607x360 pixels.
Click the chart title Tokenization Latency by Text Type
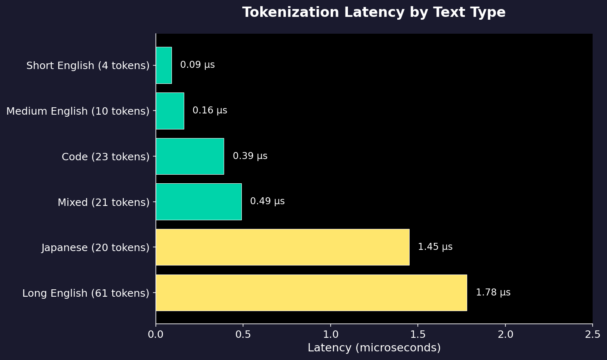point(373,13)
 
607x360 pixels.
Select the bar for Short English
point(164,65)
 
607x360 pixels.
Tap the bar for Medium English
point(170,111)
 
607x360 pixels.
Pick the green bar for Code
point(190,157)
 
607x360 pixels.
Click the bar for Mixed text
point(199,202)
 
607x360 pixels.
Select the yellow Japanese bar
point(283,247)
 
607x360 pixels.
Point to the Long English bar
point(311,293)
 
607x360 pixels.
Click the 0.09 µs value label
point(197,65)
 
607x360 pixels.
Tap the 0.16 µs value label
point(210,111)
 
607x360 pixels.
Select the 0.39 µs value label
point(250,156)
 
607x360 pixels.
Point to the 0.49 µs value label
point(267,201)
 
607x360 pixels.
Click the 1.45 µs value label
point(435,247)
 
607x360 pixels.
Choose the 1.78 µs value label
point(493,293)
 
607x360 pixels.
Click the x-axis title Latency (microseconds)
point(374,348)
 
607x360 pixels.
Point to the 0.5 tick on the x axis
point(243,335)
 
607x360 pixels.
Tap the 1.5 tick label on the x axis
point(418,335)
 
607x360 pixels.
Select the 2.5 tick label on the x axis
point(593,335)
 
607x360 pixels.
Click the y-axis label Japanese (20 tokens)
point(95,248)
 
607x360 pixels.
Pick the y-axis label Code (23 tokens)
point(106,157)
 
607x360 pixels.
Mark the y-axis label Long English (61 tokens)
point(86,293)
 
